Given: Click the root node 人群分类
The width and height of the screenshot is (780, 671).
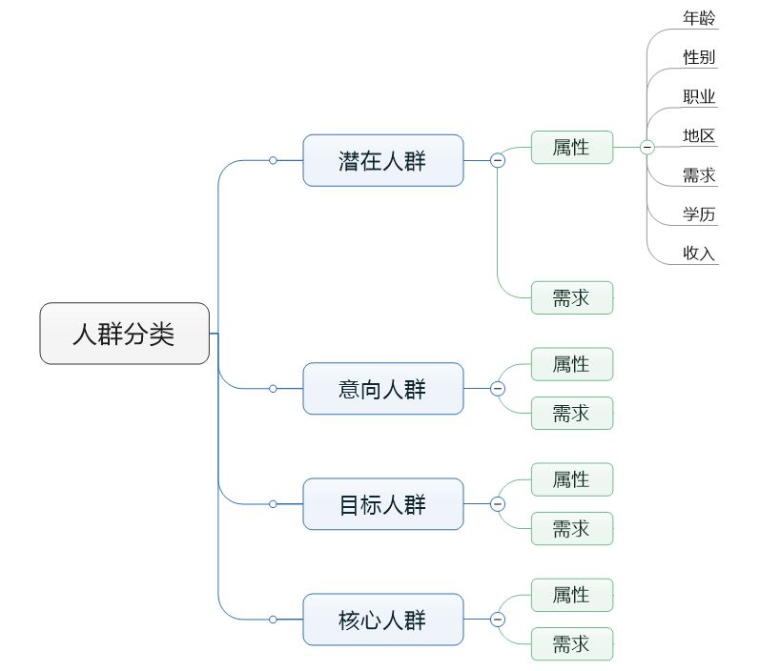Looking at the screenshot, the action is click(124, 334).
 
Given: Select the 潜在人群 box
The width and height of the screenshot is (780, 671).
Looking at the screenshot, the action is click(383, 160).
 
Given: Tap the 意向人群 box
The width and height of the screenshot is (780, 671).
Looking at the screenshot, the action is click(383, 389).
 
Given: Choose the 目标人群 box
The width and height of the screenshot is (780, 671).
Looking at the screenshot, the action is click(383, 504).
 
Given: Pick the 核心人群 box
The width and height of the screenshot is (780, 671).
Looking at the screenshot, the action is click(383, 620).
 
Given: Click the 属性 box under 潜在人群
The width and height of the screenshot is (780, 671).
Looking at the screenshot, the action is click(572, 147).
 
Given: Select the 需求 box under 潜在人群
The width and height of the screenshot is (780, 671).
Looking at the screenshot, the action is click(572, 297).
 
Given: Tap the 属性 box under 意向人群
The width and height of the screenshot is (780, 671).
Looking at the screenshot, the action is click(572, 364).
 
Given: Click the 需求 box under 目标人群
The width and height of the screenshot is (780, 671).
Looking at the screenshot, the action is click(572, 528).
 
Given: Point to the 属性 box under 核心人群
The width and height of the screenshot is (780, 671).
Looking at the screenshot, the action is click(572, 595).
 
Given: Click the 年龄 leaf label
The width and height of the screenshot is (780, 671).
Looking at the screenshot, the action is click(699, 18).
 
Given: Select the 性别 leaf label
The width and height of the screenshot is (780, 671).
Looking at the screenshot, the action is click(699, 56).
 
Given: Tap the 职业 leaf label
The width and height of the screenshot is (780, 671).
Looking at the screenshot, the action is click(699, 96).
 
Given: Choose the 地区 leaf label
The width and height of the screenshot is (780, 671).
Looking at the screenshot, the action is click(699, 135).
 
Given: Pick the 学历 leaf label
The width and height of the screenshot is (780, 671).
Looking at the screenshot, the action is click(699, 213).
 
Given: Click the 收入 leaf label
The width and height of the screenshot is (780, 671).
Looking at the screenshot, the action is click(699, 254).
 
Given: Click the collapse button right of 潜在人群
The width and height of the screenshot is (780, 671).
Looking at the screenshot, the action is click(498, 160).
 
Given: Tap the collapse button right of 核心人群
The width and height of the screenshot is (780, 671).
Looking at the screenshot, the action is click(498, 620).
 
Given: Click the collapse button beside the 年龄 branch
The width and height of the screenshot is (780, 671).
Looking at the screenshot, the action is click(647, 147).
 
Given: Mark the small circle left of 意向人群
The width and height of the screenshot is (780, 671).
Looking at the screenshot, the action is click(273, 389).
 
